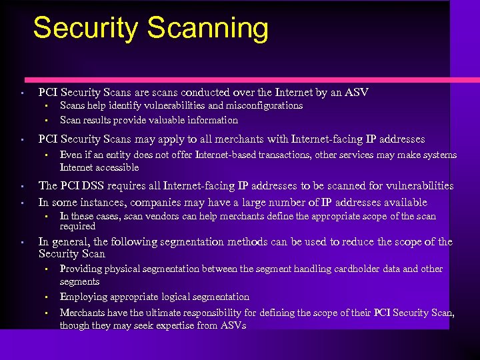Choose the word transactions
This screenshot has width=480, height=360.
290,155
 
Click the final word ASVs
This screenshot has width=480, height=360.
233,325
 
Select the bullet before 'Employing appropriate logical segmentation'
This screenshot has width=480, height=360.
47,297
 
